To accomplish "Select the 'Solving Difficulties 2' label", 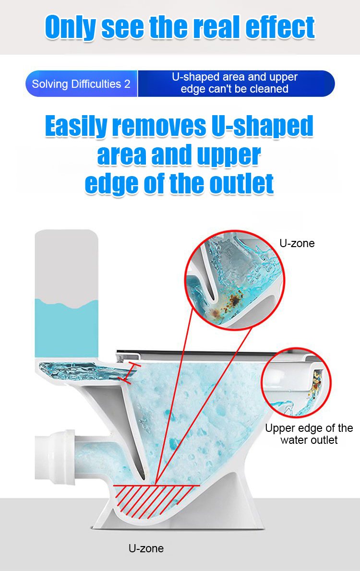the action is point(81,84).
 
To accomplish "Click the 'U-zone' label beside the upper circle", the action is point(297,243).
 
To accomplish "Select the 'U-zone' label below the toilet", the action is point(146,548).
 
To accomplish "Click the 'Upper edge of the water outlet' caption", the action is point(309,434).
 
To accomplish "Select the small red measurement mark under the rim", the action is point(130,372).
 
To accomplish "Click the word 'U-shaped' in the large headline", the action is point(263,127).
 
